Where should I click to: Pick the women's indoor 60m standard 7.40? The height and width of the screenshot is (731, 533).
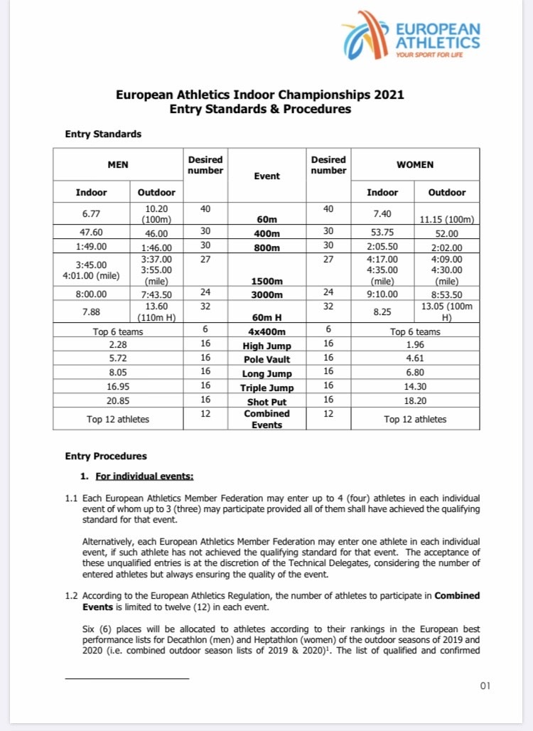382,212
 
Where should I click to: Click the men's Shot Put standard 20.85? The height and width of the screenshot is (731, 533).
118,400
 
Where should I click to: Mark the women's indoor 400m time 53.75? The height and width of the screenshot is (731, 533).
382,232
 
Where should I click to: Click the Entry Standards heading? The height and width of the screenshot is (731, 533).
103,134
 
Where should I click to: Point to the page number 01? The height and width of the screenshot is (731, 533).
485,685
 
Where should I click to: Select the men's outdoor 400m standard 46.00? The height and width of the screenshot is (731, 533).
156,232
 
